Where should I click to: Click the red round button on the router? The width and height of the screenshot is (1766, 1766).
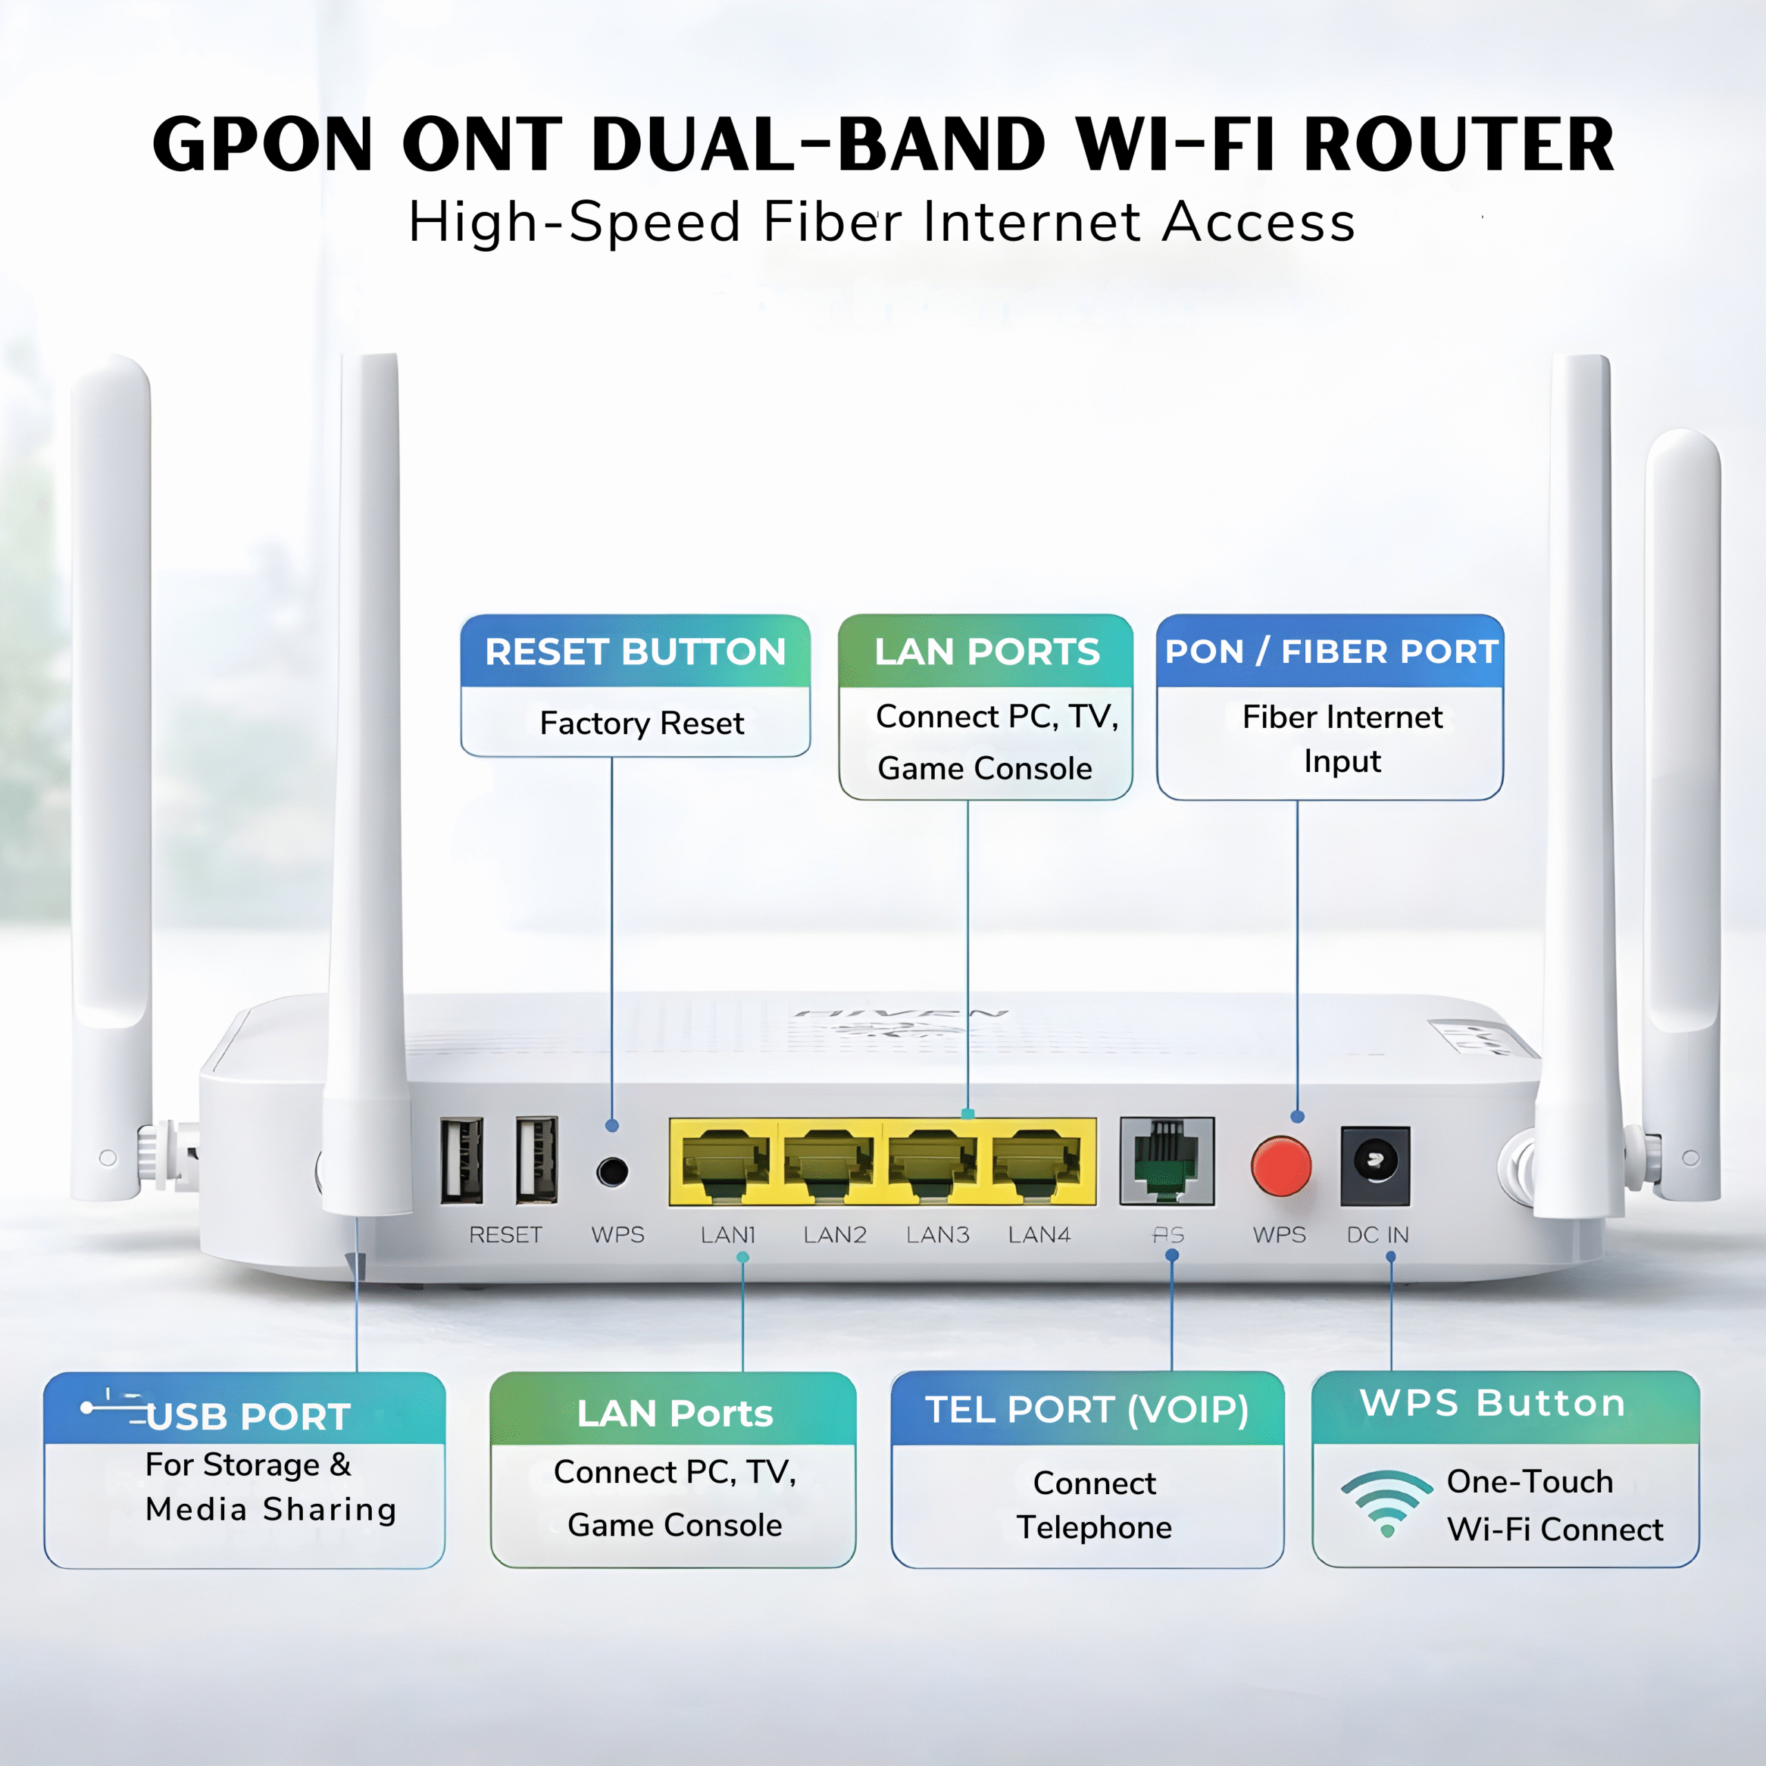pyautogui.click(x=1280, y=1167)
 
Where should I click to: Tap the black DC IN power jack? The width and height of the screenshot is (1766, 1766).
pyautogui.click(x=1375, y=1164)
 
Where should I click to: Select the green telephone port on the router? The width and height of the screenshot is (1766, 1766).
pyautogui.click(x=1167, y=1161)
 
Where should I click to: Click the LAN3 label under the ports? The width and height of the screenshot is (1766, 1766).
pyautogui.click(x=937, y=1235)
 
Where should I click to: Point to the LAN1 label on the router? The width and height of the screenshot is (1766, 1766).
pyautogui.click(x=728, y=1235)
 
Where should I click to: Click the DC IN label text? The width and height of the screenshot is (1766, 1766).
pyautogui.click(x=1378, y=1235)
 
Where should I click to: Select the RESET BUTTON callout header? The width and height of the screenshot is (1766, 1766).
pyautogui.click(x=635, y=652)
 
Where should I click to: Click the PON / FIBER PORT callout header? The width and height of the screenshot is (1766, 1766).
pyautogui.click(x=1331, y=652)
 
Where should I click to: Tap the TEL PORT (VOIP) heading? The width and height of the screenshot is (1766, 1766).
pyautogui.click(x=1087, y=1409)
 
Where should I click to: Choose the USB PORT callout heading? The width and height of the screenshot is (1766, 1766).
pyautogui.click(x=247, y=1416)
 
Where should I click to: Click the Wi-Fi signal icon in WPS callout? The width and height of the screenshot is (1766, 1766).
pyautogui.click(x=1386, y=1502)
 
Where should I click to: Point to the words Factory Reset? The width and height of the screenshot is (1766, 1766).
pyautogui.click(x=642, y=723)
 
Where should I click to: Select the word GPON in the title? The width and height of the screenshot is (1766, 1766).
pyautogui.click(x=264, y=144)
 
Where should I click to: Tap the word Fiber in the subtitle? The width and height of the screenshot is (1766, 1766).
pyautogui.click(x=832, y=222)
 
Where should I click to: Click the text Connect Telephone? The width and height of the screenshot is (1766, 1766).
pyautogui.click(x=1094, y=1505)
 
